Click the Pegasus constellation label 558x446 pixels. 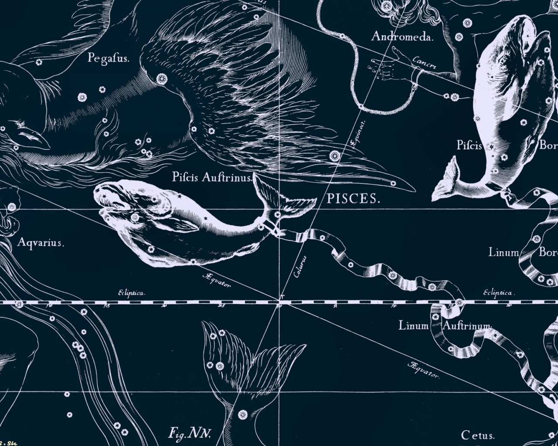tap(108, 57)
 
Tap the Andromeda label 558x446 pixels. tap(402, 37)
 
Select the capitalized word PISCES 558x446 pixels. tap(353, 199)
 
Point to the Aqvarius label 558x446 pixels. tap(41, 243)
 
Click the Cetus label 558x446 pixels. tap(477, 435)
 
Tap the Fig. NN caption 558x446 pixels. tap(190, 433)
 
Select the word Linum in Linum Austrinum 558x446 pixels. tap(414, 325)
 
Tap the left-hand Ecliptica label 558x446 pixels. tap(131, 293)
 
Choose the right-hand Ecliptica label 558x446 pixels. tap(498, 293)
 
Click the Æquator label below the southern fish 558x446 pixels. tap(216, 280)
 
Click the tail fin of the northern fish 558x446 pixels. tap(447, 179)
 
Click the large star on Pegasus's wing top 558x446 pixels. tap(162, 79)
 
